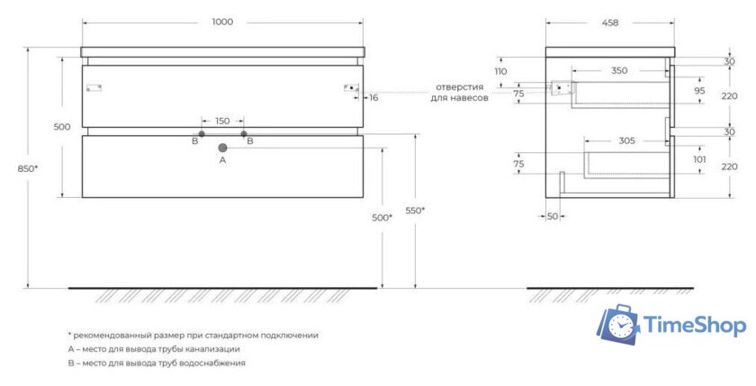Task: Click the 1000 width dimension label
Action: (222, 22)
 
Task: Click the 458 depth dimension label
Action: (610, 22)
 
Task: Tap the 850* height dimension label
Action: (28, 168)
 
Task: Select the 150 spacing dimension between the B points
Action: (222, 121)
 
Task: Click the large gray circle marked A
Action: (222, 148)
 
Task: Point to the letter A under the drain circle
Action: (222, 160)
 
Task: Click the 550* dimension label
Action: (415, 211)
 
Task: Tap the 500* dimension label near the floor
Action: (382, 218)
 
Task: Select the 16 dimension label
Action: (373, 98)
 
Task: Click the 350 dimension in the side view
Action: (619, 71)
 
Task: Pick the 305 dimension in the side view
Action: (626, 140)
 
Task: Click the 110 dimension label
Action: (501, 72)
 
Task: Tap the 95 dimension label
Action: (699, 91)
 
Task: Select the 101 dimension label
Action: (699, 159)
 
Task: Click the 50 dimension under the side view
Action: (553, 216)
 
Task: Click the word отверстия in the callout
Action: (460, 87)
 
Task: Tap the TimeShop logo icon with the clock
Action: (618, 324)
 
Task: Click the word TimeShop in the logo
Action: (695, 325)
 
